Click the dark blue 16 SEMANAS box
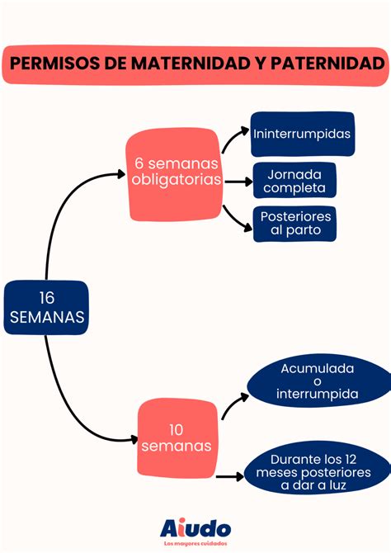tap(45, 307)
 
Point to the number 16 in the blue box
tap(45, 297)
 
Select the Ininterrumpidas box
tap(303, 134)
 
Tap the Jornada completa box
tap(295, 180)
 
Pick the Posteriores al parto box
tap(294, 223)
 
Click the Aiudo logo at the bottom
tap(195, 527)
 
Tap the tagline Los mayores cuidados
tap(195, 544)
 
